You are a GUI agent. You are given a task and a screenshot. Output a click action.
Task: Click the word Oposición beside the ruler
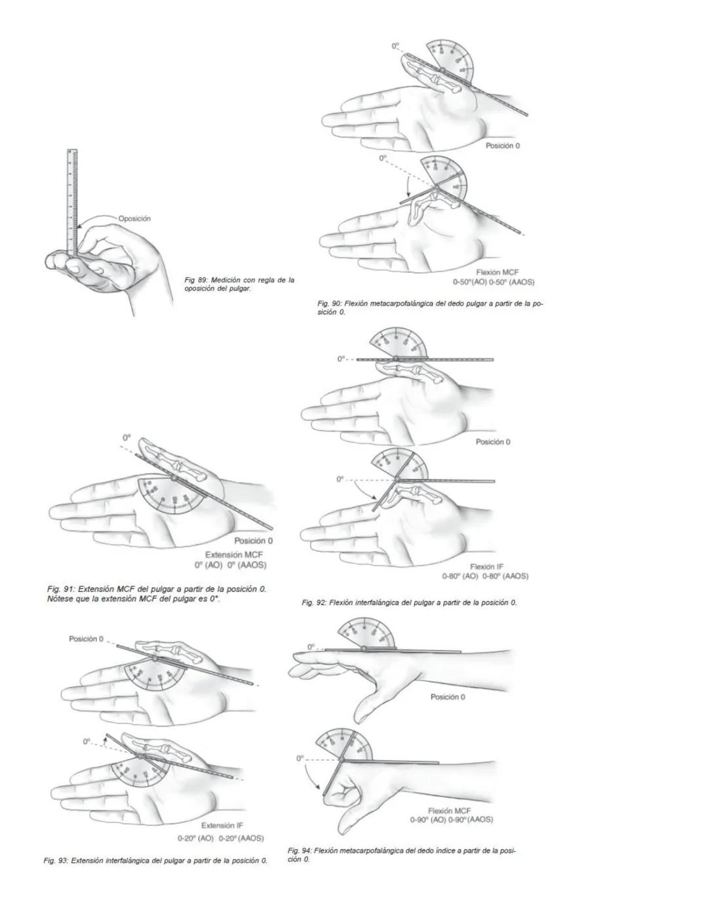tap(134, 218)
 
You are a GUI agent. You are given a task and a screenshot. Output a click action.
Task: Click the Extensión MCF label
tap(234, 555)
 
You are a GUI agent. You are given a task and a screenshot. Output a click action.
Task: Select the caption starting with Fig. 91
tap(157, 594)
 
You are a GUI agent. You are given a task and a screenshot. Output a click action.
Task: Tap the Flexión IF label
tap(486, 567)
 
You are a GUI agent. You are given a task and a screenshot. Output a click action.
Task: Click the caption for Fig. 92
tap(409, 602)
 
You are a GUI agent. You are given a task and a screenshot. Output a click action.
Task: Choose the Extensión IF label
tap(222, 826)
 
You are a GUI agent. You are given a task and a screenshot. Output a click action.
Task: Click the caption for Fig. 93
tap(155, 860)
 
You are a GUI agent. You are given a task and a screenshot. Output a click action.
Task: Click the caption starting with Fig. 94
tap(401, 854)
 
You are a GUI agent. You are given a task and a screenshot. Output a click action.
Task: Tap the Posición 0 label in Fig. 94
tap(448, 697)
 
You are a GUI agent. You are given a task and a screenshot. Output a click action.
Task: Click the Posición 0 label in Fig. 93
tap(86, 639)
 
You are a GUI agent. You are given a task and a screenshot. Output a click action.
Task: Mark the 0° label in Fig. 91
tap(127, 437)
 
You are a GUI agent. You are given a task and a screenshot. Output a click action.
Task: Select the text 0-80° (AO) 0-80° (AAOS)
tap(486, 576)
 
